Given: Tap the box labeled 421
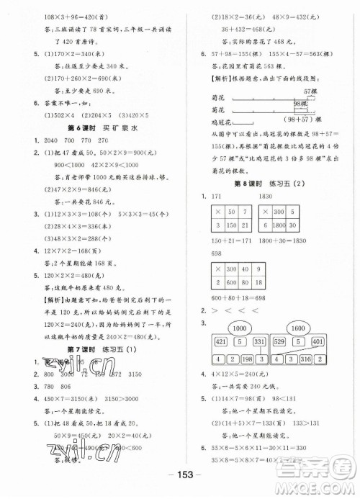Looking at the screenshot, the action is coord(220,341).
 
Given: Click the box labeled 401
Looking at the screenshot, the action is coord(317,341).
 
